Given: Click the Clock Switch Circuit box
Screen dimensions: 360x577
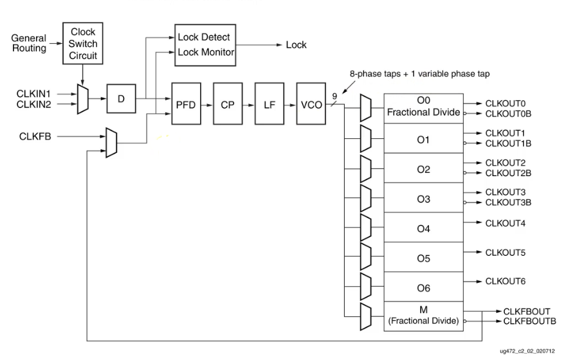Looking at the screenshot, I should pos(82,43).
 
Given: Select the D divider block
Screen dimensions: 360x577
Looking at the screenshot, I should pos(121,100).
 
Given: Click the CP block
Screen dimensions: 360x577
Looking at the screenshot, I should pos(228,104).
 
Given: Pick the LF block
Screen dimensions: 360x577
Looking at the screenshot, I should pos(269,104).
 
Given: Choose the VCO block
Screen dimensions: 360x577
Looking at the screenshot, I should pos(310,104).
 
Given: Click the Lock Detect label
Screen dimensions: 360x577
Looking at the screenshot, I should pos(203,38).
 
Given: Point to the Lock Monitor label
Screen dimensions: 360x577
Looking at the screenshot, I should pos(206,52).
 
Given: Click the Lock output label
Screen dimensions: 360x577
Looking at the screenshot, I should pos(296,45).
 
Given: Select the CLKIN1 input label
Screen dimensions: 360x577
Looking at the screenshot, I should pos(33,94).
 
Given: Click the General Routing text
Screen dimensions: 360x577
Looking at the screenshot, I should pos(29,43).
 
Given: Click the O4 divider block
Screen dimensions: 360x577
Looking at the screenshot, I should pos(423,228).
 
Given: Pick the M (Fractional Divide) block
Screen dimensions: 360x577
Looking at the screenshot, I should pos(423,315).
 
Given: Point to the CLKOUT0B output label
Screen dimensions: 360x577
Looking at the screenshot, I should pos(508,114).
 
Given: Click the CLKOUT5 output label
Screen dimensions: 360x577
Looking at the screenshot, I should pos(505,253).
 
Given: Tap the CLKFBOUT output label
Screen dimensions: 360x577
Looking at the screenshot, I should pos(526,311).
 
